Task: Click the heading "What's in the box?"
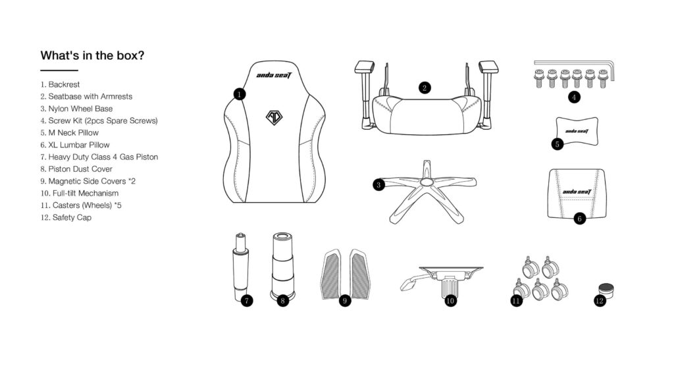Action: (x=92, y=55)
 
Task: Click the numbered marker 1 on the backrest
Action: (x=240, y=94)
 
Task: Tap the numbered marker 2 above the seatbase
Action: (x=425, y=88)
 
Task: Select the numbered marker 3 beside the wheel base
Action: (x=378, y=186)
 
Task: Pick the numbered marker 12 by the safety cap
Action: (x=600, y=301)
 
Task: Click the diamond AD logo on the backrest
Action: (x=274, y=117)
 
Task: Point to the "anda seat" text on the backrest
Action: (x=274, y=76)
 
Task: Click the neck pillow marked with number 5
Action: (x=577, y=131)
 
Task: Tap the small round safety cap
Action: (x=606, y=290)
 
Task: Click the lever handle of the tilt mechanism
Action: (x=413, y=281)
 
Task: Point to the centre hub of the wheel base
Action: (x=427, y=182)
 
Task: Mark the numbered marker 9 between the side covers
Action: (x=345, y=301)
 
